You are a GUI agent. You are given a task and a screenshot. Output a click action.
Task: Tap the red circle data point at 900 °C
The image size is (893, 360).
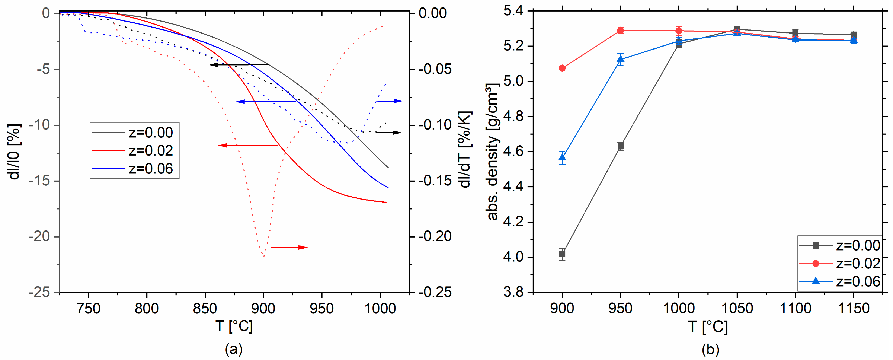pos(562,68)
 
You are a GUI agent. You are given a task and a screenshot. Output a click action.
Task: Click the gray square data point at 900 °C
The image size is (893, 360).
pos(562,254)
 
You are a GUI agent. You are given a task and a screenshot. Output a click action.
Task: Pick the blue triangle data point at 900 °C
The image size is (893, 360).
pos(562,158)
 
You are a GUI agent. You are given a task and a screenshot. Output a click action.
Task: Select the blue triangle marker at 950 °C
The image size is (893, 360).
pos(621,59)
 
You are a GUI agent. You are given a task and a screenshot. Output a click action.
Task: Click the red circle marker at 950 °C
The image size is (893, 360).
pos(621,31)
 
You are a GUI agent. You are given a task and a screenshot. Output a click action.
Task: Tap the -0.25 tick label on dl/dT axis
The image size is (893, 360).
pos(435,292)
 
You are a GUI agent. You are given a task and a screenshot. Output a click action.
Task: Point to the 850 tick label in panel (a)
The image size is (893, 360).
pos(205,308)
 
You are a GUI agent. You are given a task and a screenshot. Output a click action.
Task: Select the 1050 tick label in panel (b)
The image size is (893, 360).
pos(737,308)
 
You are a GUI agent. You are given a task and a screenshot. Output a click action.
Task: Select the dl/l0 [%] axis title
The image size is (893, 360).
pos(15,152)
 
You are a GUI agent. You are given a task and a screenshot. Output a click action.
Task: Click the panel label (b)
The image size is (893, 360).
pos(710,349)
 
